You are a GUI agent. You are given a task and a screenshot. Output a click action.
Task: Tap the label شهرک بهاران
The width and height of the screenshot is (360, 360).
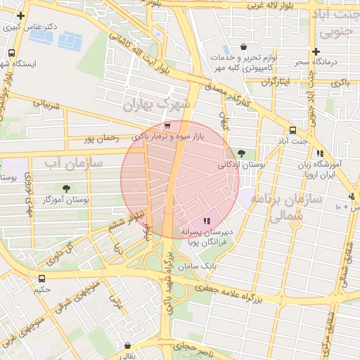156,105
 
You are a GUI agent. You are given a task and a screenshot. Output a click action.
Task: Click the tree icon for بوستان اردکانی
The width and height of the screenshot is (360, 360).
242,153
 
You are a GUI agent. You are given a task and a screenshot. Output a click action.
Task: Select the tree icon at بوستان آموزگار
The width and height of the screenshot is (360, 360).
66,188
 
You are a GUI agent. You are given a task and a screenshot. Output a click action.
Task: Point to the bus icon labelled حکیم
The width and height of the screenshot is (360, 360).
41,278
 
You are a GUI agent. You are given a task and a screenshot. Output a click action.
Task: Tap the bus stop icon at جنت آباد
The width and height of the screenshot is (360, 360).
292,129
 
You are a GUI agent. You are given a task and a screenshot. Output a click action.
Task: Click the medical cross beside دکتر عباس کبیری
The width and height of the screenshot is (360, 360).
21,15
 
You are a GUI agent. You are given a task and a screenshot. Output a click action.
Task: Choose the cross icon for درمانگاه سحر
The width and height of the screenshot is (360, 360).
316,51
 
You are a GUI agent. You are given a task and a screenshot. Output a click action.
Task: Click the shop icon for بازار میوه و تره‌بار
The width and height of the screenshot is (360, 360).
166,125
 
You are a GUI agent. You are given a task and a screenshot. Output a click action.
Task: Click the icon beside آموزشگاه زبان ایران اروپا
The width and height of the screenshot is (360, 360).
320,153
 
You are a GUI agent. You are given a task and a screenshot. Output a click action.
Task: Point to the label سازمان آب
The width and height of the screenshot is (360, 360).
74,164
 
